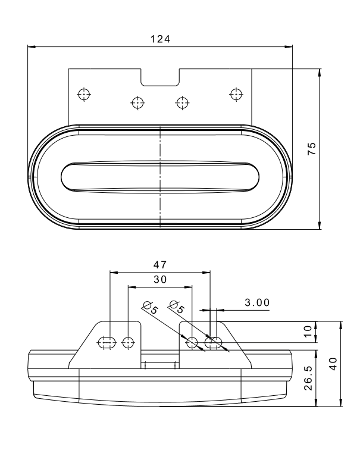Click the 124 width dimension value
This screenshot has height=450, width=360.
click(x=160, y=39)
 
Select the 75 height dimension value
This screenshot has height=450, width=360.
click(x=312, y=149)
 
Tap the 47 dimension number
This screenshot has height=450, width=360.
click(x=160, y=265)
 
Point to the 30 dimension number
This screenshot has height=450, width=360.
click(x=160, y=279)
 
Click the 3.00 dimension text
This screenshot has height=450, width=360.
click(x=257, y=302)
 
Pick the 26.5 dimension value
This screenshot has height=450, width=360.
click(x=308, y=377)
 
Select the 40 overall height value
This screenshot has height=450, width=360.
click(x=333, y=364)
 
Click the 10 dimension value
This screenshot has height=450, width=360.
click(x=308, y=332)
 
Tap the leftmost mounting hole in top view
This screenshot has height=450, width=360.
click(x=84, y=94)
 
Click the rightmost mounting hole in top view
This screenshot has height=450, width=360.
click(x=236, y=94)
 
